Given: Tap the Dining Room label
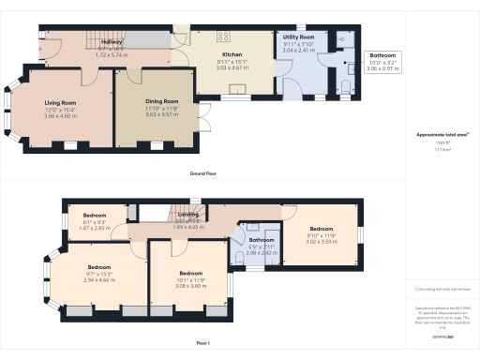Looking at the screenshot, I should (162, 101).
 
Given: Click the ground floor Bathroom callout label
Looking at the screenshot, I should (382, 56).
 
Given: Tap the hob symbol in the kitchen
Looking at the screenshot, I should (224, 37).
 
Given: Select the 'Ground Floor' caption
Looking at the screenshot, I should (204, 174).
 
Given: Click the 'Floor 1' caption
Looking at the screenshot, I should (203, 343).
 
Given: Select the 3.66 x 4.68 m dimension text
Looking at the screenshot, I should (61, 115).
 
